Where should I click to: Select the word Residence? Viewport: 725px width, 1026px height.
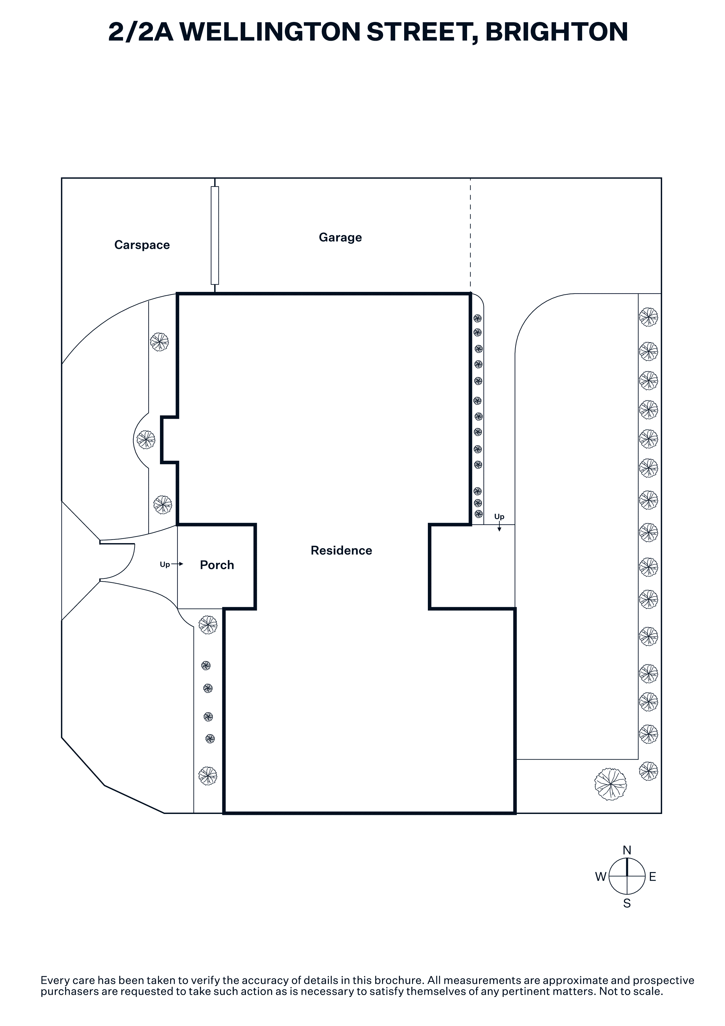[341, 550]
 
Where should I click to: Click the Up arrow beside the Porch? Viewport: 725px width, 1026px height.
[177, 564]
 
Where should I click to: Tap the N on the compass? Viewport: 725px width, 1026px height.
[627, 850]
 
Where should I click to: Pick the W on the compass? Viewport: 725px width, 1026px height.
[601, 877]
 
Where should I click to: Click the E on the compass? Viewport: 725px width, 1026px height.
[653, 877]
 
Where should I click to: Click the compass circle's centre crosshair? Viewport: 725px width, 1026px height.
[627, 877]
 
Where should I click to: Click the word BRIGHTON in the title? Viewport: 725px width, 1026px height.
[557, 32]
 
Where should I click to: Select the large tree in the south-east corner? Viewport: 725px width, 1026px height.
[610, 784]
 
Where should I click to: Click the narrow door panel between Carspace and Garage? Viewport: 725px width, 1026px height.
[215, 235]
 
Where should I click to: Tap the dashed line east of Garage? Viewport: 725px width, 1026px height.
[470, 235]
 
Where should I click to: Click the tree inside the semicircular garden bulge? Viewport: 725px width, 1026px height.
[146, 440]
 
